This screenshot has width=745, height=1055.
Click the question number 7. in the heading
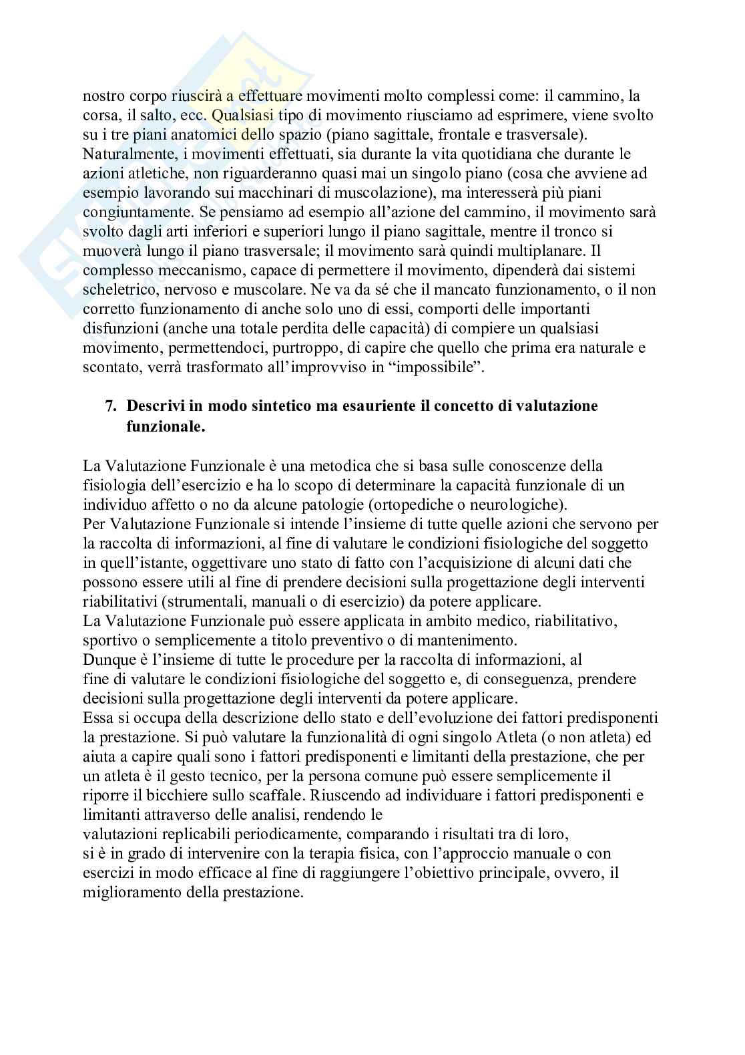tap(113, 406)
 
